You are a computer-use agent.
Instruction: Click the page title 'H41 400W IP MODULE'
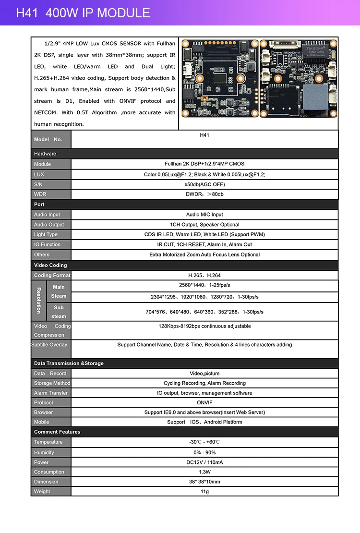[83, 13]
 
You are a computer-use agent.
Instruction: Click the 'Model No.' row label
[48, 139]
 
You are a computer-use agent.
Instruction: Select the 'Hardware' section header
[45, 154]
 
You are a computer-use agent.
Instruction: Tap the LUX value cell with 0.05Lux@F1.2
[204, 174]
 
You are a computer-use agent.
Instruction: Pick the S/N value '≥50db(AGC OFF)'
[204, 184]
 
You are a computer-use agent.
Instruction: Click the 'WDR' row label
[40, 194]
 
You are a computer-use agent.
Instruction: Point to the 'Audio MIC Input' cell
[204, 215]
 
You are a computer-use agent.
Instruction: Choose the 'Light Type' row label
[46, 234]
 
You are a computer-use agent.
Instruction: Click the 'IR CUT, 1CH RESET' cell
[204, 244]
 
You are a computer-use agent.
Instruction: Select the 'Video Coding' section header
[50, 265]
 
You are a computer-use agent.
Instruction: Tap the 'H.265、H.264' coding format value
[204, 276]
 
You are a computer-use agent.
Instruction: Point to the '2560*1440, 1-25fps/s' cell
[204, 285]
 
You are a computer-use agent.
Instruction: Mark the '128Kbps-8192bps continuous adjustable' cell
[204, 326]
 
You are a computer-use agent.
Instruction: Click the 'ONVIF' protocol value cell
[204, 402]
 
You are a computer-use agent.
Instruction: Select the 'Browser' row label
[43, 412]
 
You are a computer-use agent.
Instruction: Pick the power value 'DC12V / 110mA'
[204, 462]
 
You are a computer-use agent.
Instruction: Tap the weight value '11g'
[204, 491]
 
